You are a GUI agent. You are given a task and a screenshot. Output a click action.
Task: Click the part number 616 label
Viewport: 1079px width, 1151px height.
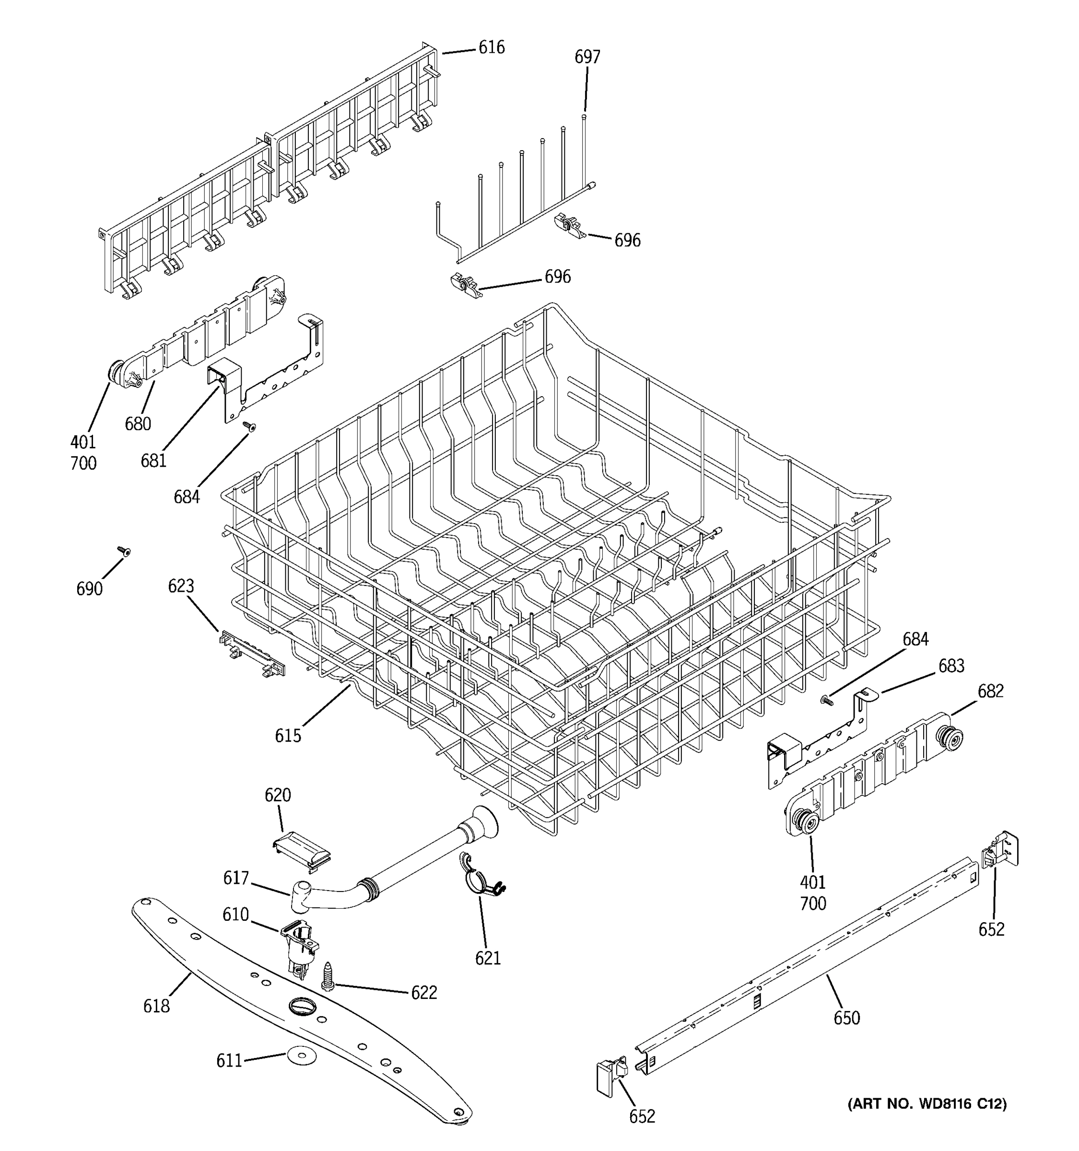[x=491, y=47]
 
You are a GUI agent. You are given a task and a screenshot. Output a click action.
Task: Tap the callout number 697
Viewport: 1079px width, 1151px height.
[x=587, y=57]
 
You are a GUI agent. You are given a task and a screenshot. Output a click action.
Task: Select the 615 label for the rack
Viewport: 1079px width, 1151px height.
[x=288, y=735]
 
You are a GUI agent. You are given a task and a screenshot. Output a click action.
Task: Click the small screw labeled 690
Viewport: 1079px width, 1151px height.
[x=123, y=551]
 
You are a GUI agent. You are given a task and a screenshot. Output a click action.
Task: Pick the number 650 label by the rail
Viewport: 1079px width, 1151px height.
[x=846, y=1017]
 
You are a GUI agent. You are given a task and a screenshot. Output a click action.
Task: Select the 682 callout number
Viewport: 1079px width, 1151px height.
[x=990, y=691]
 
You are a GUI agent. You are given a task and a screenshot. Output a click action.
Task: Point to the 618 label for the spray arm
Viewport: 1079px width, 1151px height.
[x=156, y=1006]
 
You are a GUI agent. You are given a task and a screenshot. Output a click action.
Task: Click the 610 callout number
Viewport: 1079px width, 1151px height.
[x=235, y=914]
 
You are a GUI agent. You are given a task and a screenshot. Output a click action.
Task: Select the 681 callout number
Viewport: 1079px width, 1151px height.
[x=153, y=460]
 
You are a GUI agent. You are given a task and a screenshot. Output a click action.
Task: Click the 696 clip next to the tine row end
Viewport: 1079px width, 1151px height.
[x=570, y=224]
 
